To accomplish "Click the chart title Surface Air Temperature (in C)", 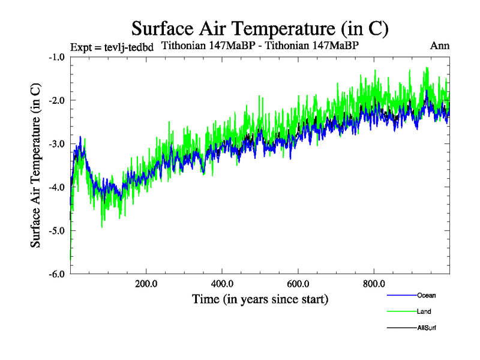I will coord(260,28).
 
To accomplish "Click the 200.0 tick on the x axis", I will coord(146,284).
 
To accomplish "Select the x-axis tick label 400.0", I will coord(222,284).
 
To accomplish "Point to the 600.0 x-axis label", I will coord(298,284).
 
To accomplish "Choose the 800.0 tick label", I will coord(374,284).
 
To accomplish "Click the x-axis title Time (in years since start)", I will coord(260,299).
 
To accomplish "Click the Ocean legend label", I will coord(427,295).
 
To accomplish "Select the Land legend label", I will coord(424,311).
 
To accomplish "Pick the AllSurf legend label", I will coord(427,328).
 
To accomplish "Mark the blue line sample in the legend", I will coord(401,295).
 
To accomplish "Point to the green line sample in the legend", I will coord(401,311).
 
